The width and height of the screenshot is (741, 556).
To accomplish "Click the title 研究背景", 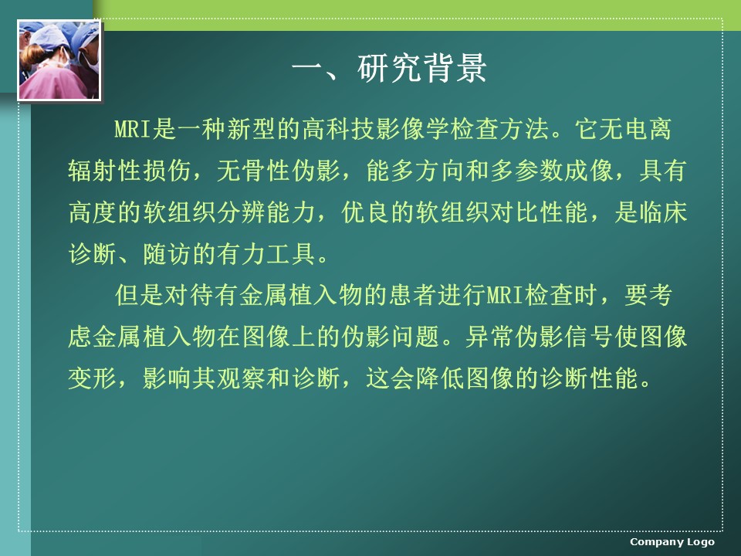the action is (x=422, y=68).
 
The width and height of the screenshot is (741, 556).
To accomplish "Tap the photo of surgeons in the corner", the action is (x=59, y=60).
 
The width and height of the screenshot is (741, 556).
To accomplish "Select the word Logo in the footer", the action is (x=700, y=542).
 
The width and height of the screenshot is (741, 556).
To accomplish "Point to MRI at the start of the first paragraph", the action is (x=132, y=129).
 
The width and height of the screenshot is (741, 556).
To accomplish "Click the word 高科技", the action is (x=339, y=129).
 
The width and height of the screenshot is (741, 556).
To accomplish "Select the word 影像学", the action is (x=414, y=129).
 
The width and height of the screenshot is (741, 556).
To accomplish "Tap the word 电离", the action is (x=648, y=129).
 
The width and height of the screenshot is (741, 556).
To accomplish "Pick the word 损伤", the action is (x=167, y=170).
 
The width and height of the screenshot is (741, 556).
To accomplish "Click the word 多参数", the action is (x=526, y=170).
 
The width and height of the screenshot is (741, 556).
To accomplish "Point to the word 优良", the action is (x=365, y=212).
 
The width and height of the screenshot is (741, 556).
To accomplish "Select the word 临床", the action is (x=663, y=212).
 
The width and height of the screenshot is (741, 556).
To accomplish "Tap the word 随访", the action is (x=167, y=253).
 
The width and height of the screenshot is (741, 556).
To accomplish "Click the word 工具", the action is (x=291, y=253).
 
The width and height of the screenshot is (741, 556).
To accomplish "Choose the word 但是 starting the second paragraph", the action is (x=140, y=295).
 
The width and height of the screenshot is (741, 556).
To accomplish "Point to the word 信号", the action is (x=589, y=337).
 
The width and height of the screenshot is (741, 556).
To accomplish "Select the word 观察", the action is (x=241, y=378).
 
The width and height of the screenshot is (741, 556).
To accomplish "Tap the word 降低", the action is (x=440, y=378).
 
